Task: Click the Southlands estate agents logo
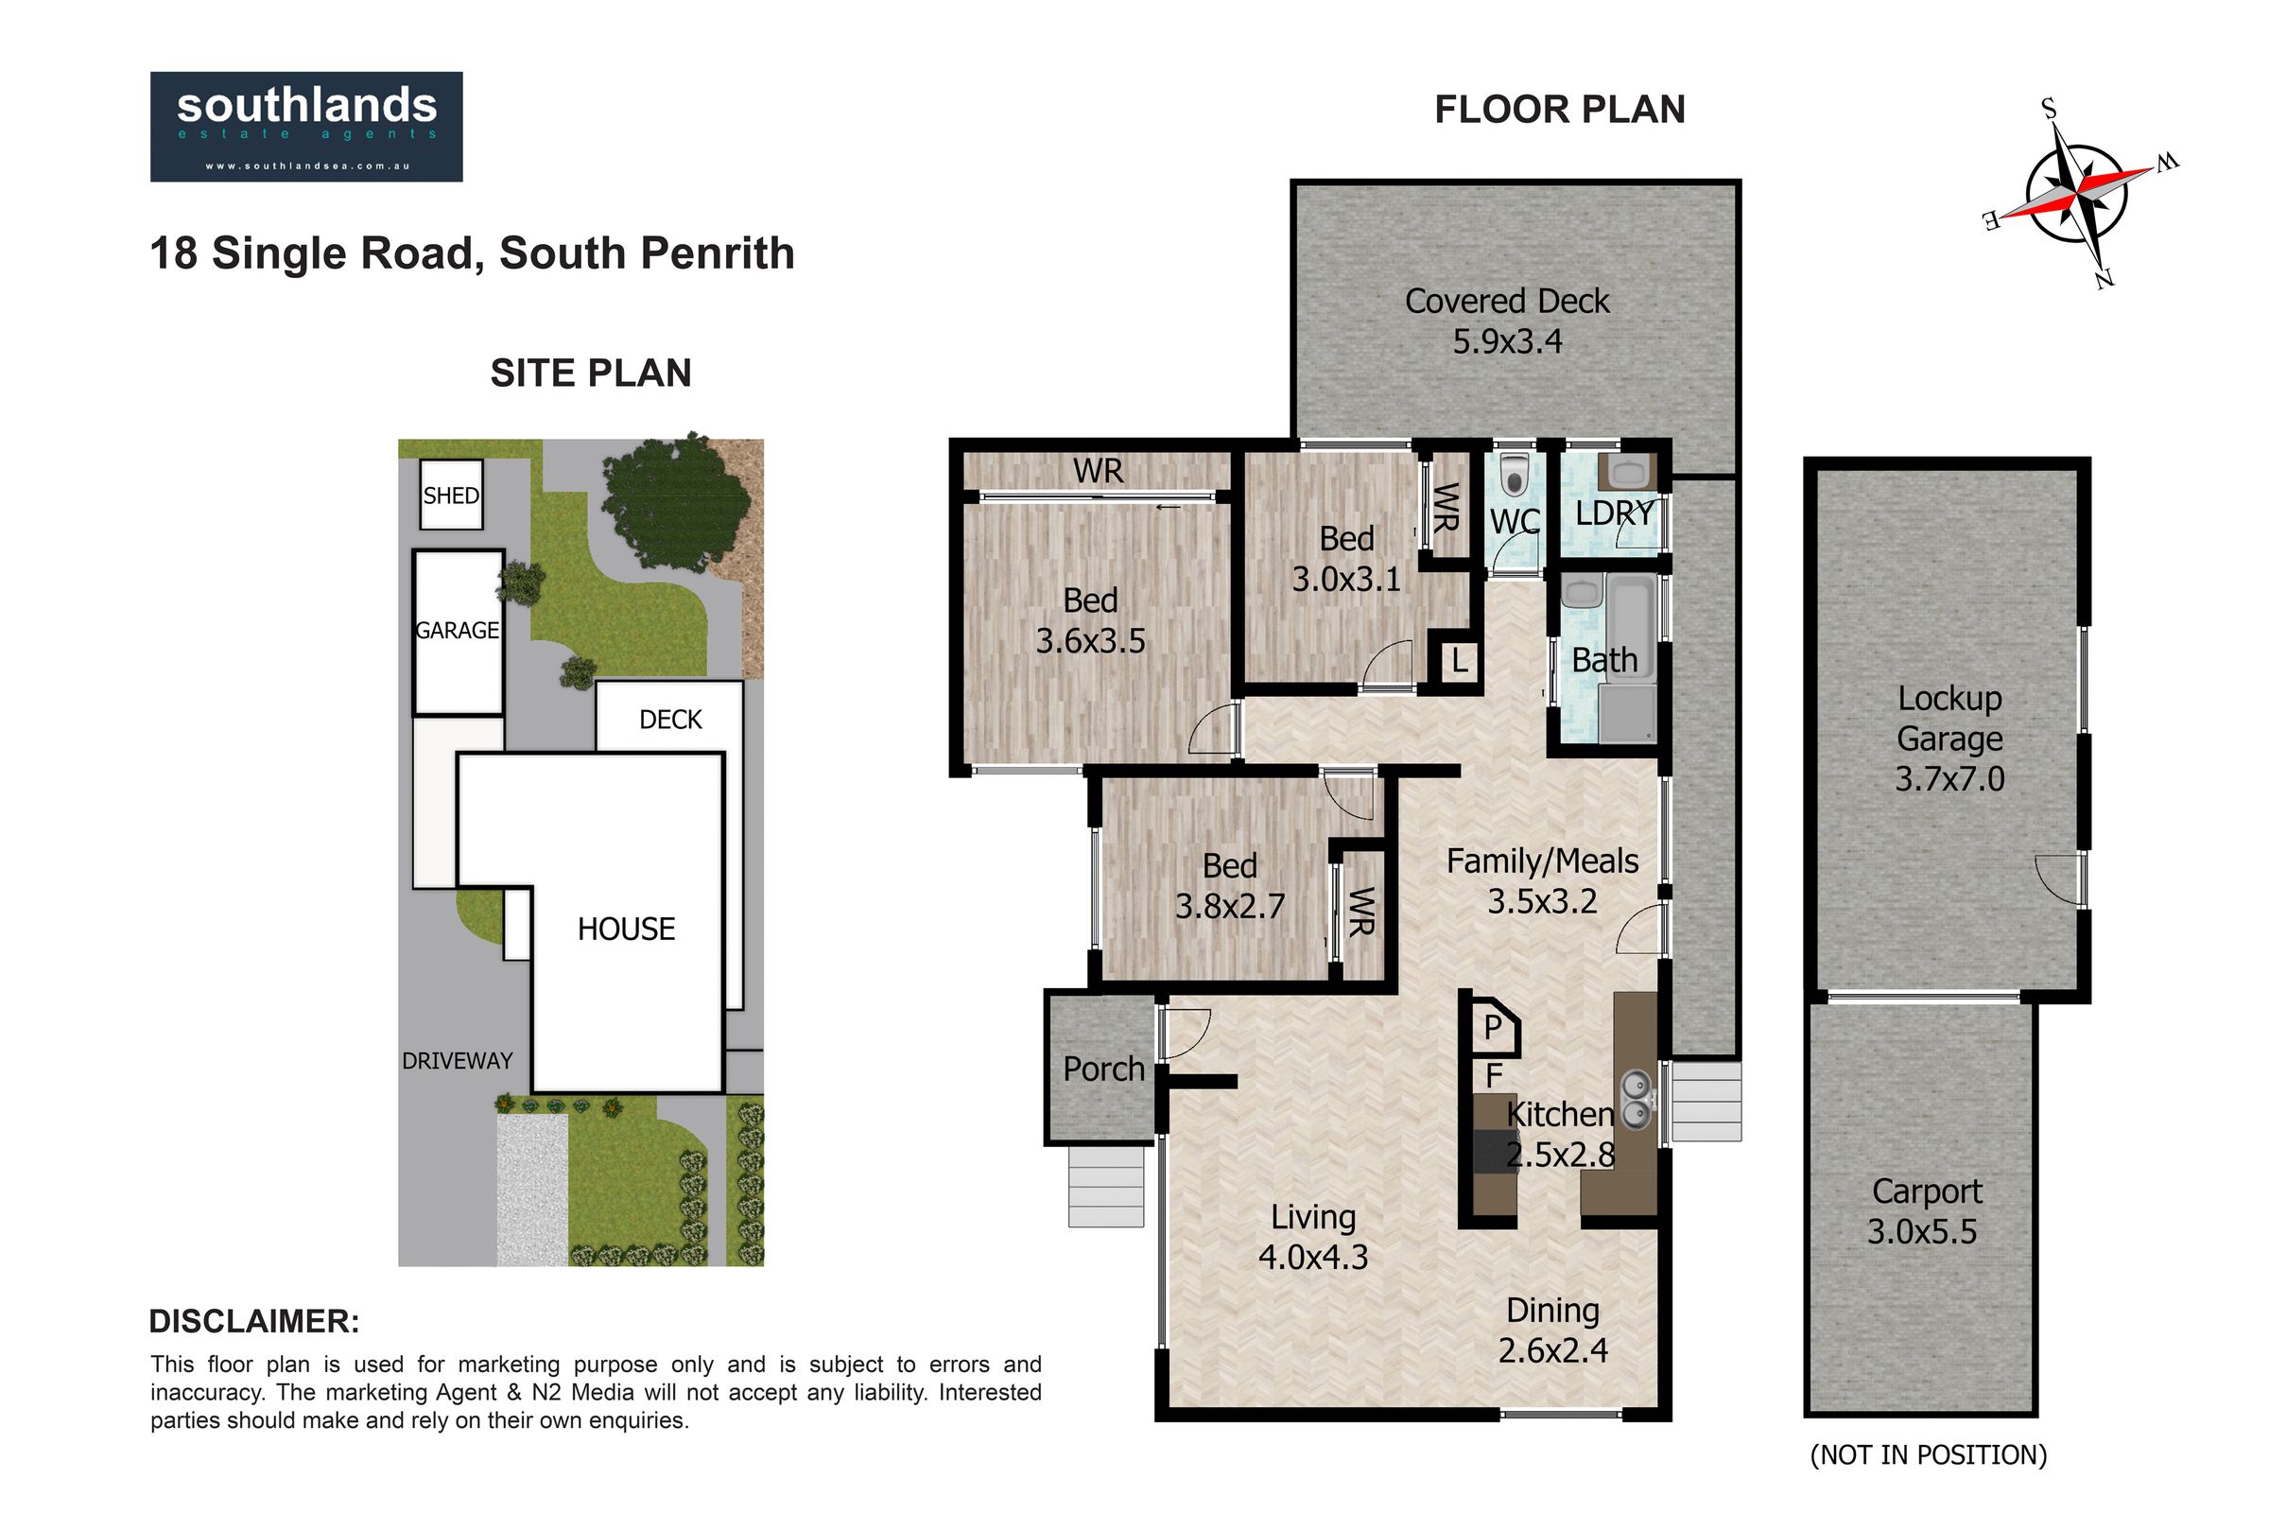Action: click(x=305, y=127)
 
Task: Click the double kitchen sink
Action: click(x=1637, y=1101)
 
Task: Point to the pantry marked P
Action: click(x=1492, y=1028)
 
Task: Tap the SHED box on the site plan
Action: click(x=451, y=495)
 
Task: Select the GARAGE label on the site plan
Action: click(x=458, y=630)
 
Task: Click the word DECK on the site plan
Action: click(x=670, y=720)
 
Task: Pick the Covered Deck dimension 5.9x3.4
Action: click(x=1507, y=341)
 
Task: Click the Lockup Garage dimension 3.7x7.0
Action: click(x=1949, y=778)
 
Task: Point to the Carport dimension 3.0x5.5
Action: click(x=1922, y=1231)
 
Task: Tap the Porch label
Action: click(x=1103, y=1070)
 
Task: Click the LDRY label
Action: click(x=1615, y=513)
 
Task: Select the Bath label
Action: click(x=1604, y=660)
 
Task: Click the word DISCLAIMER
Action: click(x=254, y=1321)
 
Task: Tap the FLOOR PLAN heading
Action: click(x=1560, y=109)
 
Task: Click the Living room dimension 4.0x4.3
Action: click(x=1313, y=1258)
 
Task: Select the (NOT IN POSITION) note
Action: click(x=1929, y=1454)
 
